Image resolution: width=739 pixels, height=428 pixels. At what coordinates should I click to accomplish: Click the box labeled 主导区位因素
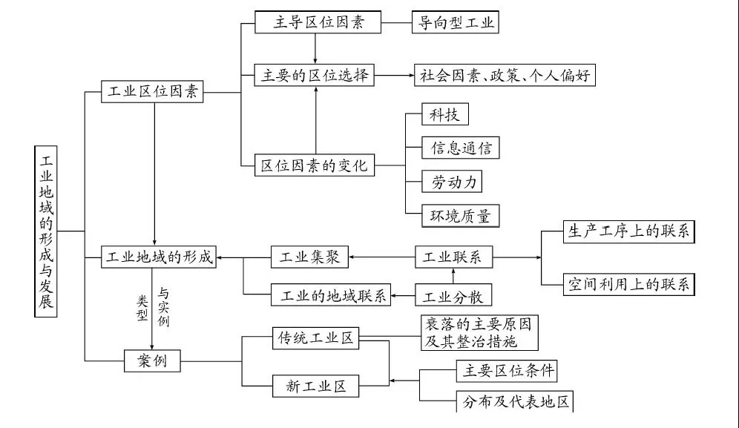[317, 22]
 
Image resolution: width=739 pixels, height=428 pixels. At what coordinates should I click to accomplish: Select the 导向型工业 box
[455, 22]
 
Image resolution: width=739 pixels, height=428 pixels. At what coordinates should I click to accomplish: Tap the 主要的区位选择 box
[316, 75]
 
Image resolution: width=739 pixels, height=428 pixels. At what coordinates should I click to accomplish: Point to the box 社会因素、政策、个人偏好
[504, 75]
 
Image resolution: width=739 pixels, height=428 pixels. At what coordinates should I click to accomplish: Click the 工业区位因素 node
[152, 93]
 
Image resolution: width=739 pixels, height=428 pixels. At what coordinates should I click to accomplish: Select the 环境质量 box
[460, 216]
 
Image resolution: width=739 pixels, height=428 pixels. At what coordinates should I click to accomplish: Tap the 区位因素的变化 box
[315, 165]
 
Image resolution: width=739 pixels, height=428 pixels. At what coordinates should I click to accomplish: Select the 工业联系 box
[452, 257]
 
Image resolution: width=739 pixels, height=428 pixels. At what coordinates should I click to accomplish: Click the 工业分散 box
[452, 297]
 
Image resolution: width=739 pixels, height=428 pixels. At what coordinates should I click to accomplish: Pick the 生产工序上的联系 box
[628, 231]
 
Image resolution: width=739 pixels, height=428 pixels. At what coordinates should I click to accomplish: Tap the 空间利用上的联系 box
[628, 284]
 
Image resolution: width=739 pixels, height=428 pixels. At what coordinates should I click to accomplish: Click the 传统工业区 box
[316, 338]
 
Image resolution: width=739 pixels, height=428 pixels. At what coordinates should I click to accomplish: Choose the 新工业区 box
[316, 385]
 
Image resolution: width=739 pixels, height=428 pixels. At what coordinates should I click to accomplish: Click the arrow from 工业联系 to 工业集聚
[381, 257]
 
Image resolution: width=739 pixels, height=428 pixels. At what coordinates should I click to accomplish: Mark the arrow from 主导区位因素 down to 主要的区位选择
[316, 48]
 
